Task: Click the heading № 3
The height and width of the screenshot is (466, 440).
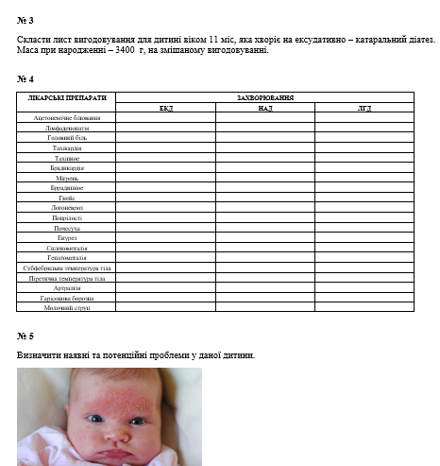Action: [x=25, y=19]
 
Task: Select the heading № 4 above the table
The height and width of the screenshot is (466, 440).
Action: [x=25, y=78]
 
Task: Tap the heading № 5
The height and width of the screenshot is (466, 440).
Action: [x=25, y=336]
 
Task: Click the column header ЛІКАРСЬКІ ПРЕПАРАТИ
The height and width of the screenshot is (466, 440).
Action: [x=67, y=97]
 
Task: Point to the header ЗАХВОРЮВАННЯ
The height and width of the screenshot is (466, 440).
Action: [x=264, y=97]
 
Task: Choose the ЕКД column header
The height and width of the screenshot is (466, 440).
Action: [x=165, y=108]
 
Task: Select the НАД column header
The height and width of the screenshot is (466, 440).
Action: [x=264, y=108]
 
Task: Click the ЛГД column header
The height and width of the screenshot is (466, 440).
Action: [x=364, y=108]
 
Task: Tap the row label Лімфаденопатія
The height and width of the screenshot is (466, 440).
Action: [x=67, y=128]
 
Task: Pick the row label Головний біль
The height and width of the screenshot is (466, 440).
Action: [x=67, y=138]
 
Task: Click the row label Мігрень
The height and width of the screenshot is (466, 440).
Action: [x=67, y=178]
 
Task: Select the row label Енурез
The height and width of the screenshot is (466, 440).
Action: [x=67, y=237]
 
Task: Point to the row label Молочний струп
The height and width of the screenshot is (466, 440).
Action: [x=67, y=307]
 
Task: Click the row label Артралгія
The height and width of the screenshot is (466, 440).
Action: [x=67, y=287]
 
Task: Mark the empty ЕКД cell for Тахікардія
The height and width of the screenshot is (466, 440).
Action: [x=165, y=148]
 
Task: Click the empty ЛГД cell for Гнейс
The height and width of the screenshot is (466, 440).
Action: [x=364, y=198]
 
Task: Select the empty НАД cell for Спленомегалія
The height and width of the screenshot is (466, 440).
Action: [x=264, y=248]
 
